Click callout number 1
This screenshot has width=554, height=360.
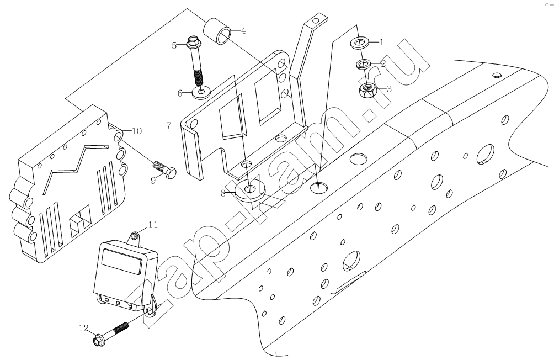coord(381,43)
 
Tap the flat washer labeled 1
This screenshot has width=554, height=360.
coord(359,44)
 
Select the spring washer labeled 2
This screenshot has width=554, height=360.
coord(363,65)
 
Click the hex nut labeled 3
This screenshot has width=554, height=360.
coord(367,91)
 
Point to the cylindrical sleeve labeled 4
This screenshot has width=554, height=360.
coord(218,31)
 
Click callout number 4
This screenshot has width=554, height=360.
coord(243,31)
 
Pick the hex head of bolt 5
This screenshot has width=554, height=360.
coord(193,43)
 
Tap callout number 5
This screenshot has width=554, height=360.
coord(174,46)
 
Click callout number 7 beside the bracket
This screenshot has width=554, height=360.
coord(168,125)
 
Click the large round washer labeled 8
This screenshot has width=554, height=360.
coord(250,189)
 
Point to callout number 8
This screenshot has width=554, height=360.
coord(223,193)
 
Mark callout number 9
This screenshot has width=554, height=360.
coord(153,181)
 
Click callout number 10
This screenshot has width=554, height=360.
coord(137,131)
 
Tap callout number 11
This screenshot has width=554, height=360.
coord(153,225)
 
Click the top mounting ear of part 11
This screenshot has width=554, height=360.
coord(134,237)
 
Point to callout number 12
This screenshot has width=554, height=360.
coord(84,329)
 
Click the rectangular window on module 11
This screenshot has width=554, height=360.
coord(122,261)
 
